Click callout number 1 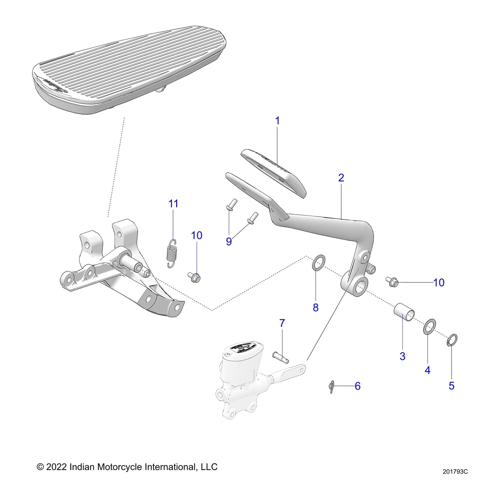277,121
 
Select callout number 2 341,178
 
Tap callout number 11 173,204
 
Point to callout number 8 316,307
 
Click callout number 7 282,323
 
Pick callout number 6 358,386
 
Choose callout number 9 229,242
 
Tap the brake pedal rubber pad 273,172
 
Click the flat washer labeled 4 429,327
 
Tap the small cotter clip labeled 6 331,387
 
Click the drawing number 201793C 455,472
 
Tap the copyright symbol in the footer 40,467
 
